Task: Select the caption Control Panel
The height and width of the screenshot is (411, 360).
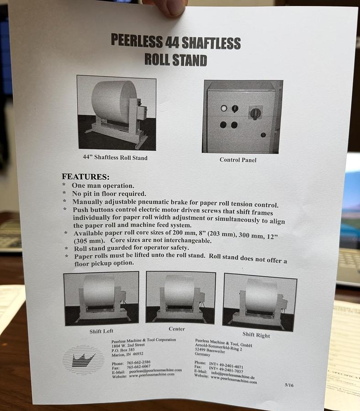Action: point(238,160)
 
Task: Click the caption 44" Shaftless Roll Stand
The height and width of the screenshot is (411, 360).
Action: point(115,158)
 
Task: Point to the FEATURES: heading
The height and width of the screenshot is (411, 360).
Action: point(85,176)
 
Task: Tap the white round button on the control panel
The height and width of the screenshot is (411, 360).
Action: point(223,108)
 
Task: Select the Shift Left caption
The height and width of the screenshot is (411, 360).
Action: point(101,331)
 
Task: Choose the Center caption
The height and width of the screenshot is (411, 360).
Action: point(176,329)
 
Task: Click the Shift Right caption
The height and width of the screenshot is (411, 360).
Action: point(256,335)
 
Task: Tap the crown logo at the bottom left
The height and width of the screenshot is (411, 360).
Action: point(83,358)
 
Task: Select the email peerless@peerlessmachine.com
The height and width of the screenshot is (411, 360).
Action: point(155,370)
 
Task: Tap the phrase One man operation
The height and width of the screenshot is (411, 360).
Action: point(103,186)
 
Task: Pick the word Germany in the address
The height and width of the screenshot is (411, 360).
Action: point(203,354)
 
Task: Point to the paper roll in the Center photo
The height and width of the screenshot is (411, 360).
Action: point(179,290)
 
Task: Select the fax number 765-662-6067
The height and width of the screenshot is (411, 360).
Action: point(139,366)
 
